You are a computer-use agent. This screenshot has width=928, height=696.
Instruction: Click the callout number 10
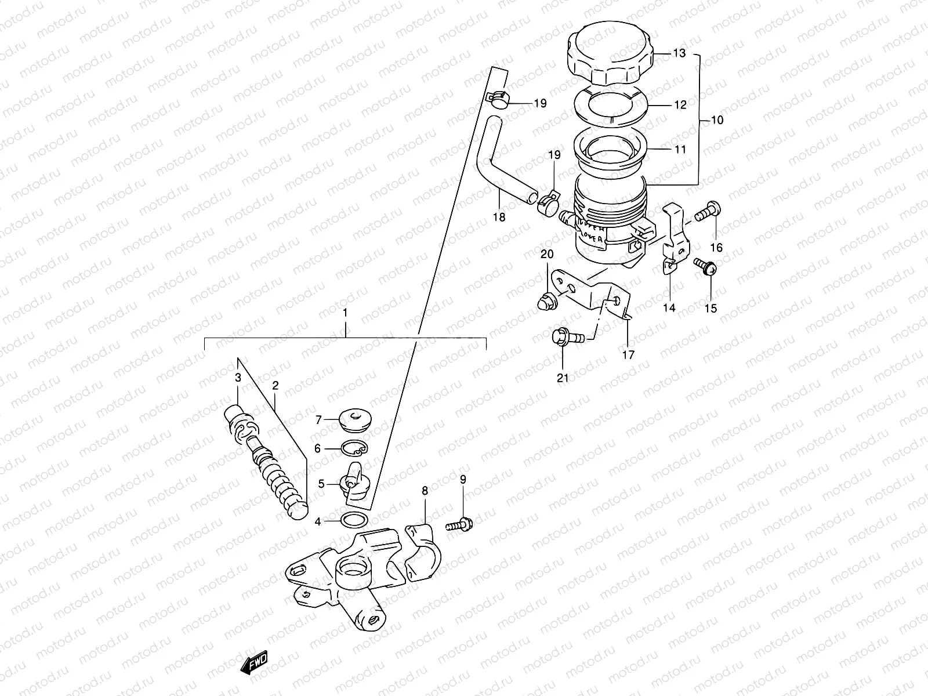pos(717,121)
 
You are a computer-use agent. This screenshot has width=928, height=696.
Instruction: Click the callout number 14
pos(669,308)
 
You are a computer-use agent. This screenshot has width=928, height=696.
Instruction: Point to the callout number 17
pos(628,355)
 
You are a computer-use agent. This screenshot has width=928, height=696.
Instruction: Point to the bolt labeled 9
pos(461,524)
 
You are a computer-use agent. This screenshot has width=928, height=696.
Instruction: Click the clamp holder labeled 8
pos(423,548)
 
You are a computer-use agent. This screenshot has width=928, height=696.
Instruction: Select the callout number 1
pos(345,313)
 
